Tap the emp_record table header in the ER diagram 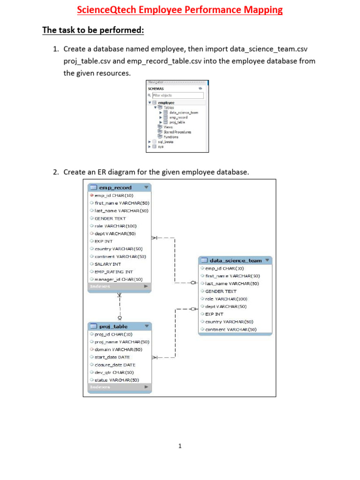(x=115, y=187)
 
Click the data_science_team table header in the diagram (x=235, y=261)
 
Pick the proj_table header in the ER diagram (x=113, y=326)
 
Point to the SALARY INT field (x=108, y=264)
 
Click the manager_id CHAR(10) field (x=119, y=279)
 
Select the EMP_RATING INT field (x=113, y=271)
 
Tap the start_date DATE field (x=112, y=357)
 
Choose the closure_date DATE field (x=115, y=365)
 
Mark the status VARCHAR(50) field (x=117, y=380)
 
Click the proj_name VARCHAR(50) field (x=122, y=342)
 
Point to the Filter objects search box (x=178, y=95)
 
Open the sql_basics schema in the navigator (x=165, y=142)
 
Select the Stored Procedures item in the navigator (x=177, y=132)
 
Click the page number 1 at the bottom (x=180, y=446)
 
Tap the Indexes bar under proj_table (x=119, y=387)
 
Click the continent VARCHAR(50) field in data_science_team (x=231, y=330)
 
